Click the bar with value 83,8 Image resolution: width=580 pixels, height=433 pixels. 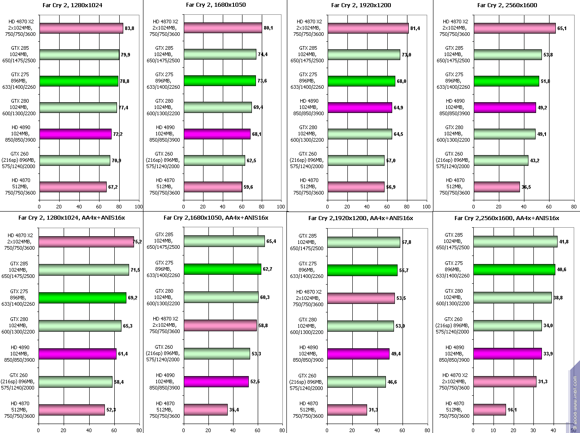[81, 28]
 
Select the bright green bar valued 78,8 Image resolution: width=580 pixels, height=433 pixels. [78, 81]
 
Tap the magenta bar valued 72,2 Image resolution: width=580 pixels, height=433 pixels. [75, 134]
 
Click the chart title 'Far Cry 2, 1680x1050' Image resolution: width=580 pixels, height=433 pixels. [216, 5]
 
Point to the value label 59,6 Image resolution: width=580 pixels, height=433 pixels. [248, 187]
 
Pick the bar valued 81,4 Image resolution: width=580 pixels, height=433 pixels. [368, 28]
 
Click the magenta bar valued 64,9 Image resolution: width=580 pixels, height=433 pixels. [359, 108]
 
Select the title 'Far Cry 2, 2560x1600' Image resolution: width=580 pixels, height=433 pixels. [507, 5]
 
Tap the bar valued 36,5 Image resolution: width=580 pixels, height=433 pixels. [496, 187]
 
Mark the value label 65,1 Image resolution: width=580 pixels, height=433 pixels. [562, 28]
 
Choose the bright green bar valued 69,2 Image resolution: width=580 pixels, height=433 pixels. [82, 298]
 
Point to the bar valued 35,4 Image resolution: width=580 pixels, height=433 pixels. [205, 410]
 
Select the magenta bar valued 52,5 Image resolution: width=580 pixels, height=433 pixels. [216, 381]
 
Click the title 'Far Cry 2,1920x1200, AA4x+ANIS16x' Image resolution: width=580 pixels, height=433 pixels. [360, 218]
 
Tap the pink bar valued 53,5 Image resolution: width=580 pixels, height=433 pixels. [361, 298]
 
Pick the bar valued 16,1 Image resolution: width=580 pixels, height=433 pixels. [489, 410]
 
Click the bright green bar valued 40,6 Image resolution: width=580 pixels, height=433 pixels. [515, 269]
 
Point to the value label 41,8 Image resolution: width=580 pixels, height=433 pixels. [564, 242]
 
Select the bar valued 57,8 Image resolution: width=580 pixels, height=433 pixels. [364, 242]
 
